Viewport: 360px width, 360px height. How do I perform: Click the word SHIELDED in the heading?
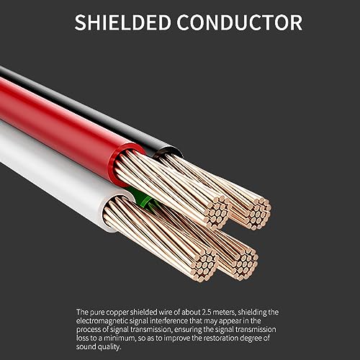click(x=122, y=22)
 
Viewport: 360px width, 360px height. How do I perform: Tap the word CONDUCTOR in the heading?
click(x=240, y=22)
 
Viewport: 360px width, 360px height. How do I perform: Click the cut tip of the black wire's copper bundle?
click(x=259, y=214)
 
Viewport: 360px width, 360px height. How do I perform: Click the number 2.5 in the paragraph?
click(x=207, y=312)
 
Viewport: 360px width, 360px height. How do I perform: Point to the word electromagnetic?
click(x=102, y=321)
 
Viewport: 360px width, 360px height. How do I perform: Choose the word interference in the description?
click(x=169, y=320)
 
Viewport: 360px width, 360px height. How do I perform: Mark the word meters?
click(x=224, y=312)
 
